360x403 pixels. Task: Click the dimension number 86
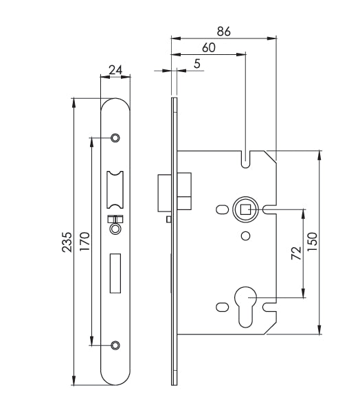tap(223, 30)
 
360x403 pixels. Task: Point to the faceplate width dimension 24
tap(115, 69)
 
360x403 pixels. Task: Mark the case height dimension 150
tap(313, 242)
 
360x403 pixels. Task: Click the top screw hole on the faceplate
tap(115, 137)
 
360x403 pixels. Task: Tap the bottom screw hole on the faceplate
tap(115, 345)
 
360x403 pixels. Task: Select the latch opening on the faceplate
tap(115, 188)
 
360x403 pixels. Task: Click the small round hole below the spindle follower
tap(245, 237)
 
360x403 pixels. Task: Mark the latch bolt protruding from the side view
tap(165, 193)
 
